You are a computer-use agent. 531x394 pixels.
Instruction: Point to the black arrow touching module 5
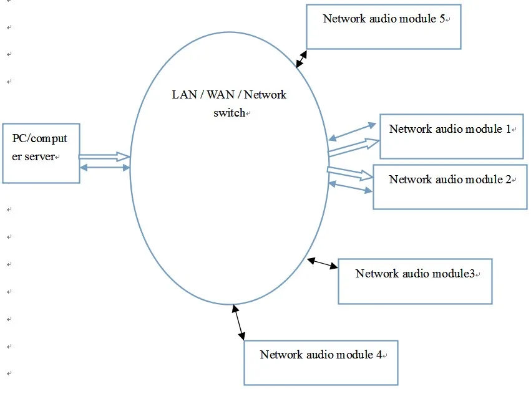click(302, 59)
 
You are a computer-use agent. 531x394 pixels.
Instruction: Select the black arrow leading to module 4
click(238, 322)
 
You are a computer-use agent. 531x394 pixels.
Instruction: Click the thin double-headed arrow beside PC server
click(105, 167)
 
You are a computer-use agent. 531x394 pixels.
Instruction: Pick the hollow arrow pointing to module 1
click(354, 147)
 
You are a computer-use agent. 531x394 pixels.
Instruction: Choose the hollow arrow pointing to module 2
click(349, 173)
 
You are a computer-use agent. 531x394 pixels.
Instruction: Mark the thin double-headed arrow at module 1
click(353, 130)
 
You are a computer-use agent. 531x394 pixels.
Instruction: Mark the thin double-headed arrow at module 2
click(351, 186)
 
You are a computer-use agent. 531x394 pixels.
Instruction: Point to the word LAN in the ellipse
click(182, 95)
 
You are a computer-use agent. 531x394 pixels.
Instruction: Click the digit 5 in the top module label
click(441, 18)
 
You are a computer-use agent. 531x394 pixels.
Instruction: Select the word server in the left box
click(41, 156)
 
